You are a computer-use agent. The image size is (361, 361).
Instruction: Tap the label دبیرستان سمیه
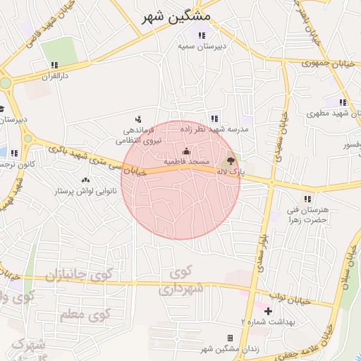click(201, 46)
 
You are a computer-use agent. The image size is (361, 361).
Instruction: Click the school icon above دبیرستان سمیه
click(202, 35)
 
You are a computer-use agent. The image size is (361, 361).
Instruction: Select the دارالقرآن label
click(54, 75)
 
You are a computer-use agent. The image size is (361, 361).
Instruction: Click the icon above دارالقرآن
click(54, 65)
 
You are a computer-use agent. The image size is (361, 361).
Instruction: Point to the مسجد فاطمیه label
click(186, 161)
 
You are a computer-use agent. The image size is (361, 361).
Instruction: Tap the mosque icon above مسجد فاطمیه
click(186, 151)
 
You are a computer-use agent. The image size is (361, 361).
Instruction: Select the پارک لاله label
click(231, 172)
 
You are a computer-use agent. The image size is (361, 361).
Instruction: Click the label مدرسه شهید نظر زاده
click(214, 130)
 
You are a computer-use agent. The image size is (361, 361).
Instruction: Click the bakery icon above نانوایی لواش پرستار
click(86, 180)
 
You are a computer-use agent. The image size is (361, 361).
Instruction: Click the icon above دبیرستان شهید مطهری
click(343, 102)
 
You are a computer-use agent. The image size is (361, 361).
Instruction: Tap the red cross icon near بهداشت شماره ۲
click(267, 310)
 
